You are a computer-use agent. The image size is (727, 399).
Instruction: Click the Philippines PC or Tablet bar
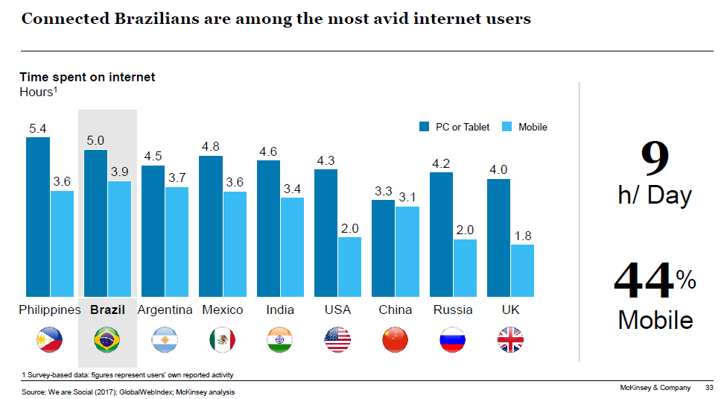pyautogui.click(x=38, y=216)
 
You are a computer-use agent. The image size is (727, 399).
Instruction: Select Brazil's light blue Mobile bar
pyautogui.click(x=119, y=239)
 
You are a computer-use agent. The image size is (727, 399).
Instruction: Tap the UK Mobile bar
pyautogui.click(x=522, y=270)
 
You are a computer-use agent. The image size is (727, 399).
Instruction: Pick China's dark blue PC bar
pyautogui.click(x=383, y=248)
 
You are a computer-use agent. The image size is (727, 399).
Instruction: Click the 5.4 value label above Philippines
pyautogui.click(x=38, y=129)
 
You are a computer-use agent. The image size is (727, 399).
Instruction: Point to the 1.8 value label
pyautogui.click(x=523, y=236)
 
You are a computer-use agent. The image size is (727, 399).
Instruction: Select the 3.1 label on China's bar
pyautogui.click(x=407, y=198)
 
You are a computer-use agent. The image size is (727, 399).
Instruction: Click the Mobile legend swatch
pyautogui.click(x=507, y=127)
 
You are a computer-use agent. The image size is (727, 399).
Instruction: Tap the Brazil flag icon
pyautogui.click(x=107, y=340)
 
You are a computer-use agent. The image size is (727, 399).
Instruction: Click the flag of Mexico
pyautogui.click(x=222, y=340)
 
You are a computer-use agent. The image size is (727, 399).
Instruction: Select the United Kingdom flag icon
pyautogui.click(x=510, y=340)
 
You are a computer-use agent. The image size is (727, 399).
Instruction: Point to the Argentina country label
pyautogui.click(x=165, y=310)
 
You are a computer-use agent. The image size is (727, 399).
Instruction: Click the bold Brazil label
pyautogui.click(x=107, y=310)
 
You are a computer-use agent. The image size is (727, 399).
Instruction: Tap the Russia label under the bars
pyautogui.click(x=453, y=310)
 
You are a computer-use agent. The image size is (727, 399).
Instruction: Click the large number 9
pyautogui.click(x=655, y=158)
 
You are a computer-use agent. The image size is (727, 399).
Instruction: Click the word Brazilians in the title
pyautogui.click(x=128, y=19)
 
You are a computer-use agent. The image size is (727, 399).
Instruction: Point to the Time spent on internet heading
pyautogui.click(x=87, y=77)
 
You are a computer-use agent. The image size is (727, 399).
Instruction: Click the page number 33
pyautogui.click(x=708, y=387)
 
